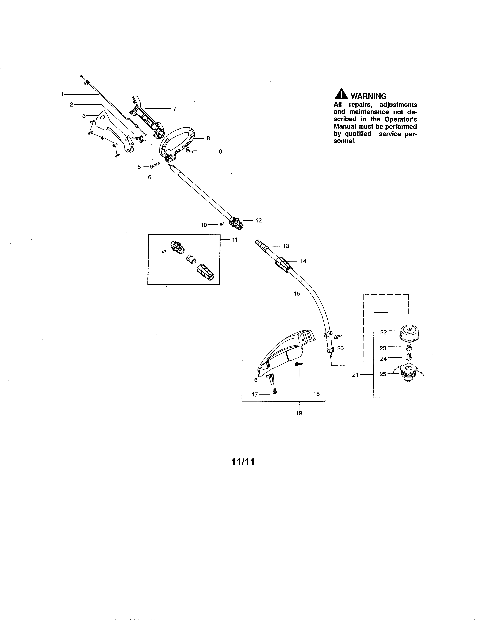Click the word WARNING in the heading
click(369, 96)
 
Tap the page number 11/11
click(243, 462)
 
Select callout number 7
click(175, 109)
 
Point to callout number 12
click(258, 221)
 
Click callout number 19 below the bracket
click(299, 413)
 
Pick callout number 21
click(355, 375)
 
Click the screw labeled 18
click(298, 364)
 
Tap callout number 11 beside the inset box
click(235, 240)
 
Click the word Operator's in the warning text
click(400, 119)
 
